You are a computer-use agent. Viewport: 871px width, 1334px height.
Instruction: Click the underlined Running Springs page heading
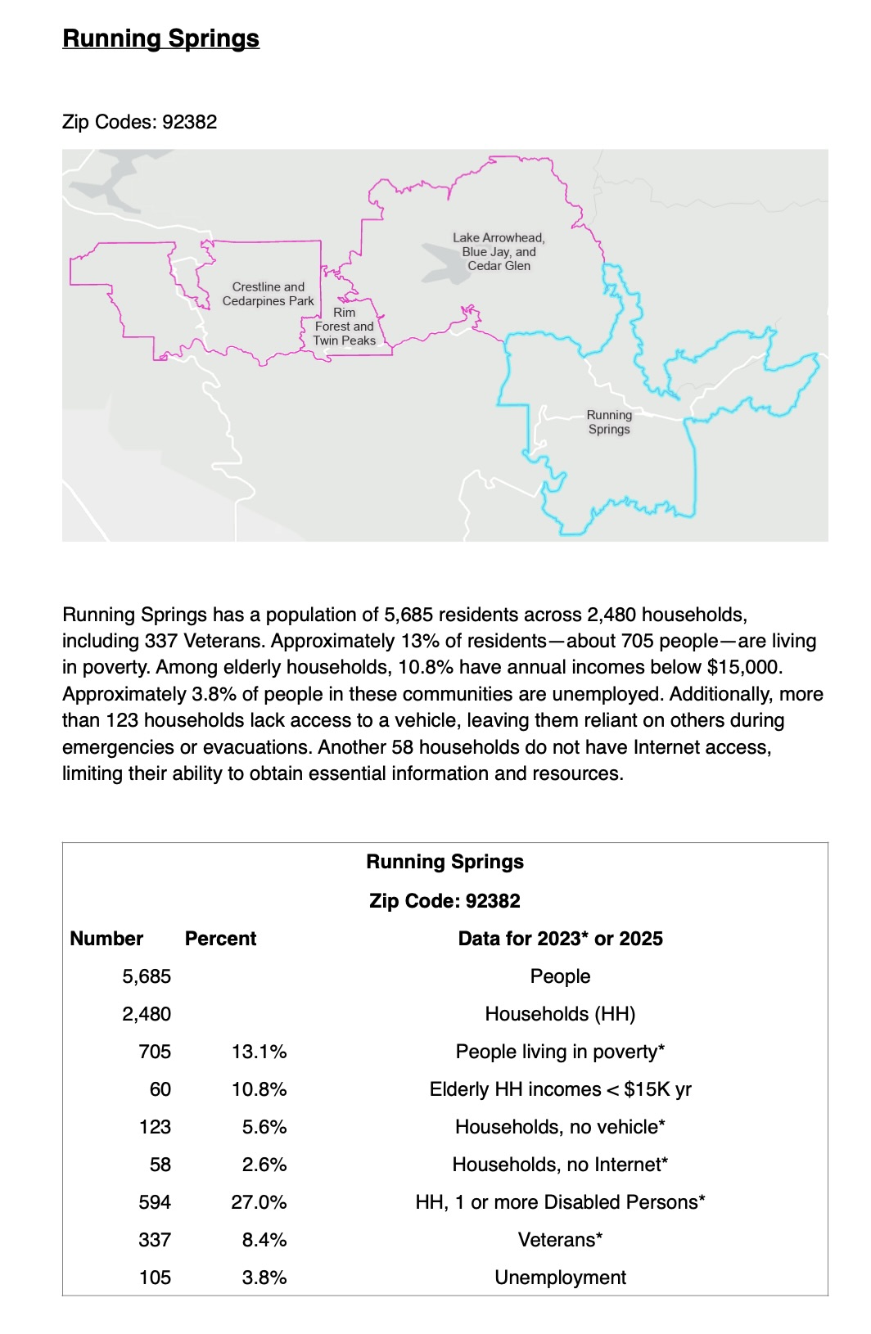point(160,38)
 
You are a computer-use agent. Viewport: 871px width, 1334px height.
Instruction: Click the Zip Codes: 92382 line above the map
point(140,122)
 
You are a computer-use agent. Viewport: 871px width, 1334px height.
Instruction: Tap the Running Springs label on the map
point(609,422)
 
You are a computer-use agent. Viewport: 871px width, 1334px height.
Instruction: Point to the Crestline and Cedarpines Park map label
point(268,294)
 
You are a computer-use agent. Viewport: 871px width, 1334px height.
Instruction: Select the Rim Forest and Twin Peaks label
point(345,327)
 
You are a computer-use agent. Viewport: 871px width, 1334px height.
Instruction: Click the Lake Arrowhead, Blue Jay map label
point(499,251)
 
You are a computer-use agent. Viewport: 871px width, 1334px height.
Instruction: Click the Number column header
point(106,939)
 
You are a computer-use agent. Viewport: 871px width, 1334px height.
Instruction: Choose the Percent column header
point(220,939)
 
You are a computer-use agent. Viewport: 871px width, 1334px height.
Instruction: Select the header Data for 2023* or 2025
point(560,939)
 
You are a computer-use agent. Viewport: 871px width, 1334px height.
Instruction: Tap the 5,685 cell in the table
point(147,976)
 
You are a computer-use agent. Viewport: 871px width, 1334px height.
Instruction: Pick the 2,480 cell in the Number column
point(147,1014)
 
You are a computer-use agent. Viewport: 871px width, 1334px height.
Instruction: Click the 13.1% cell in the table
point(259,1052)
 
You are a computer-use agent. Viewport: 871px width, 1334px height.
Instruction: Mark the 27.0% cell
point(259,1202)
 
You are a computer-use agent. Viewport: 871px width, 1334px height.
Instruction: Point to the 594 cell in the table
point(155,1202)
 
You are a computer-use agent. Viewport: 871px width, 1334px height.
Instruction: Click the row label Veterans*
point(560,1240)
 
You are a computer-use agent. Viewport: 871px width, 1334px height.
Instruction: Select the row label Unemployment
point(560,1278)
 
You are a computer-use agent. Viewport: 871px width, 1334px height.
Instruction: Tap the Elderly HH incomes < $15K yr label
point(560,1089)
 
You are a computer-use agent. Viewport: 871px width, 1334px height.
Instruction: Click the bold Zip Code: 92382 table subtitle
point(445,901)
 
